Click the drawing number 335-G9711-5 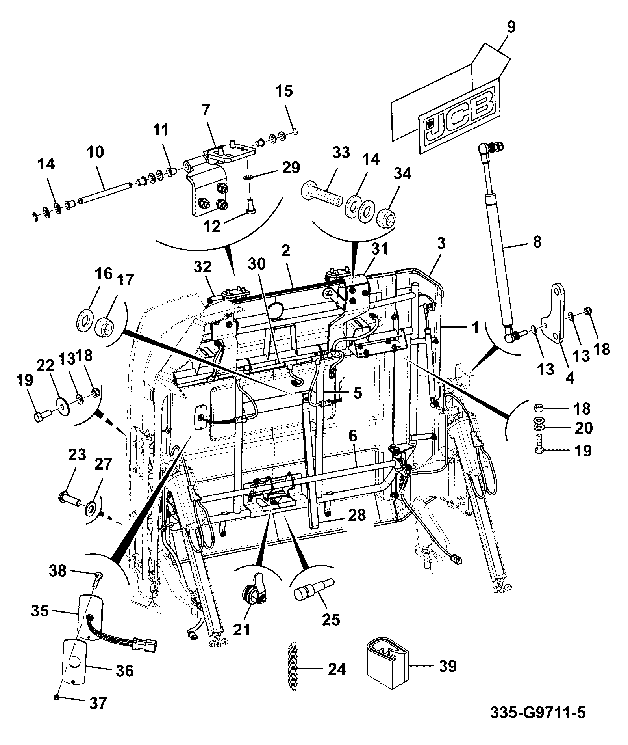point(538,712)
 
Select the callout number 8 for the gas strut point(537,241)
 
